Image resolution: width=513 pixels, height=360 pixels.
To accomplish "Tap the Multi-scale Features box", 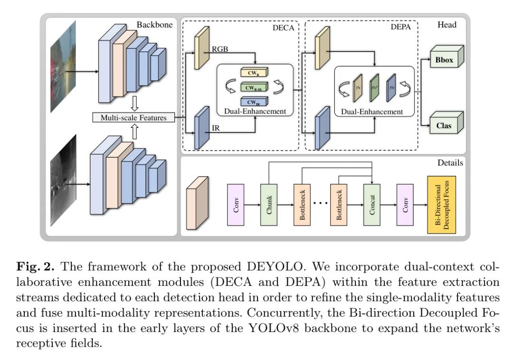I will coord(133,117).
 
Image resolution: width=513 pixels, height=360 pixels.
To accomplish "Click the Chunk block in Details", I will coord(269,204).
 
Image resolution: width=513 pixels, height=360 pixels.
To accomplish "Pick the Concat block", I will coord(372,204).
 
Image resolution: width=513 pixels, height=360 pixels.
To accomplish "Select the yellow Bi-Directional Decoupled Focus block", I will coord(442,204).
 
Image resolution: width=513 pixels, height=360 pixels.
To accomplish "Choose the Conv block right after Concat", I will coord(406,204).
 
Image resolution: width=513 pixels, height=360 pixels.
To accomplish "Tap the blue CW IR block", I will coord(254,101).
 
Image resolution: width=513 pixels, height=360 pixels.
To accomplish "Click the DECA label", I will coord(283,28).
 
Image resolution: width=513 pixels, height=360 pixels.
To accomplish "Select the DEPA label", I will coord(397,28).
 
